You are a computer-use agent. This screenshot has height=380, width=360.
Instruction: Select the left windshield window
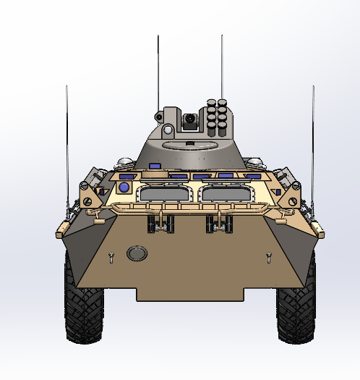click(161, 193)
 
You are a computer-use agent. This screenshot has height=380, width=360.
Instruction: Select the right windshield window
click(228, 193)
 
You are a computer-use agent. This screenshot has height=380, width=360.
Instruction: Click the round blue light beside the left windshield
click(124, 187)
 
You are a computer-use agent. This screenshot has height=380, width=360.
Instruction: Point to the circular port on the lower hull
click(135, 253)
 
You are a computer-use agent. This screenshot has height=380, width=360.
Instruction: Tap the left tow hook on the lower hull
click(111, 256)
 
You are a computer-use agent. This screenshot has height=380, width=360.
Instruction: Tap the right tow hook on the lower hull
click(269, 256)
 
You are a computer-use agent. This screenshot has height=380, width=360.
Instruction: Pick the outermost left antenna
click(67, 145)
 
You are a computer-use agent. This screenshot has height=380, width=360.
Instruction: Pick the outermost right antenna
click(313, 145)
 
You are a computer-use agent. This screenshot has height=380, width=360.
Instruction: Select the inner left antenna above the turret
click(158, 72)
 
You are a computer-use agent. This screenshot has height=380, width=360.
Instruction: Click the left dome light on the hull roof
click(124, 161)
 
